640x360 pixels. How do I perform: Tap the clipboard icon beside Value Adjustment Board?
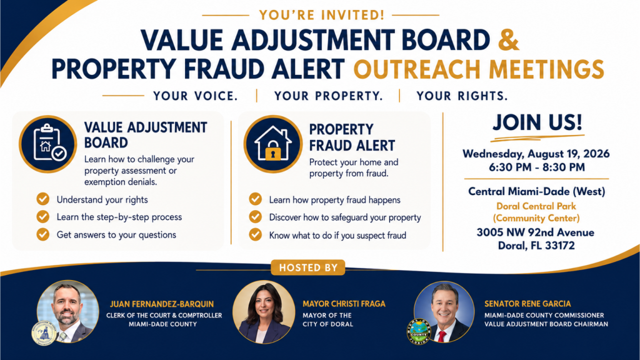[x=47, y=144]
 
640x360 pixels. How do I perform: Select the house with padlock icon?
[x=273, y=144]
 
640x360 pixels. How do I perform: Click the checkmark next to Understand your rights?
[x=43, y=199]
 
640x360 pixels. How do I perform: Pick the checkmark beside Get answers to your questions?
[x=43, y=234]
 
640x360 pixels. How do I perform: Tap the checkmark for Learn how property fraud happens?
[x=256, y=199]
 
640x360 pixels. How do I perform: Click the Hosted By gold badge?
[x=308, y=267]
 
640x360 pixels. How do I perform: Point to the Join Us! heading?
[x=537, y=122]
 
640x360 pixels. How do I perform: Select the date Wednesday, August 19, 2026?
[x=536, y=154]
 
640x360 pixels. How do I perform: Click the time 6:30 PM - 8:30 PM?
[x=537, y=167]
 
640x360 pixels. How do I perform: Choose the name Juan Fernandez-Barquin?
[x=162, y=304]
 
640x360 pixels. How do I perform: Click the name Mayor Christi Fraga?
[x=344, y=304]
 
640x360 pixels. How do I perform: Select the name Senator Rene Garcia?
[x=527, y=304]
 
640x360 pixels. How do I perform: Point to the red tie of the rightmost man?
[x=442, y=336]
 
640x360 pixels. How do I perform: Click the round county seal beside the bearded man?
[x=44, y=333]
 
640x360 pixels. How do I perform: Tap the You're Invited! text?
[x=322, y=15]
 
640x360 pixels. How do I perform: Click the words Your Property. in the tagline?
[x=329, y=96]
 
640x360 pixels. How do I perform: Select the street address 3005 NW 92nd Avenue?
[x=536, y=232]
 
